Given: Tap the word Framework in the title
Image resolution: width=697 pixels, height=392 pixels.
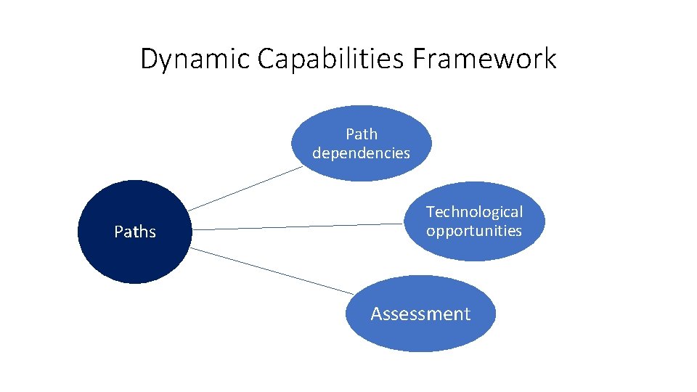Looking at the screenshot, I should click(485, 59).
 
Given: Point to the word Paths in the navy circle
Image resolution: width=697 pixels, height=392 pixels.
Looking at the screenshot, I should click(135, 232).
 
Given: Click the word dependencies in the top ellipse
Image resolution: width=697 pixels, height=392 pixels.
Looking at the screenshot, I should click(361, 153).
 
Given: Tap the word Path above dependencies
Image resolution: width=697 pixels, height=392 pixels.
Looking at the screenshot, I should click(361, 134).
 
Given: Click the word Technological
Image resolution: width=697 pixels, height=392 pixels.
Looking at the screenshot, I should click(474, 212).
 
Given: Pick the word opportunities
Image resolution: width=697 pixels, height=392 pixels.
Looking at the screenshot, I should click(474, 231).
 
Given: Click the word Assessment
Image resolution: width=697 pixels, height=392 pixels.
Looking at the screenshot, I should click(420, 314).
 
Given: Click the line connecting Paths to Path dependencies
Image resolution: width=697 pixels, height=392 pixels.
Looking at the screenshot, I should click(244, 189).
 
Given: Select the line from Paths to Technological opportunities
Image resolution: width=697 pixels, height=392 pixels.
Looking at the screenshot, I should click(298, 226).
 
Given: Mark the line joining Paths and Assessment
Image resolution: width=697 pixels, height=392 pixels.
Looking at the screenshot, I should click(272, 271).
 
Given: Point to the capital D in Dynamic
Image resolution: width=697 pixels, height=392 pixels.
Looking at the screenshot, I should click(148, 59).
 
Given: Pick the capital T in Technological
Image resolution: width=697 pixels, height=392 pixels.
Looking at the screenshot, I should click(430, 212).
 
